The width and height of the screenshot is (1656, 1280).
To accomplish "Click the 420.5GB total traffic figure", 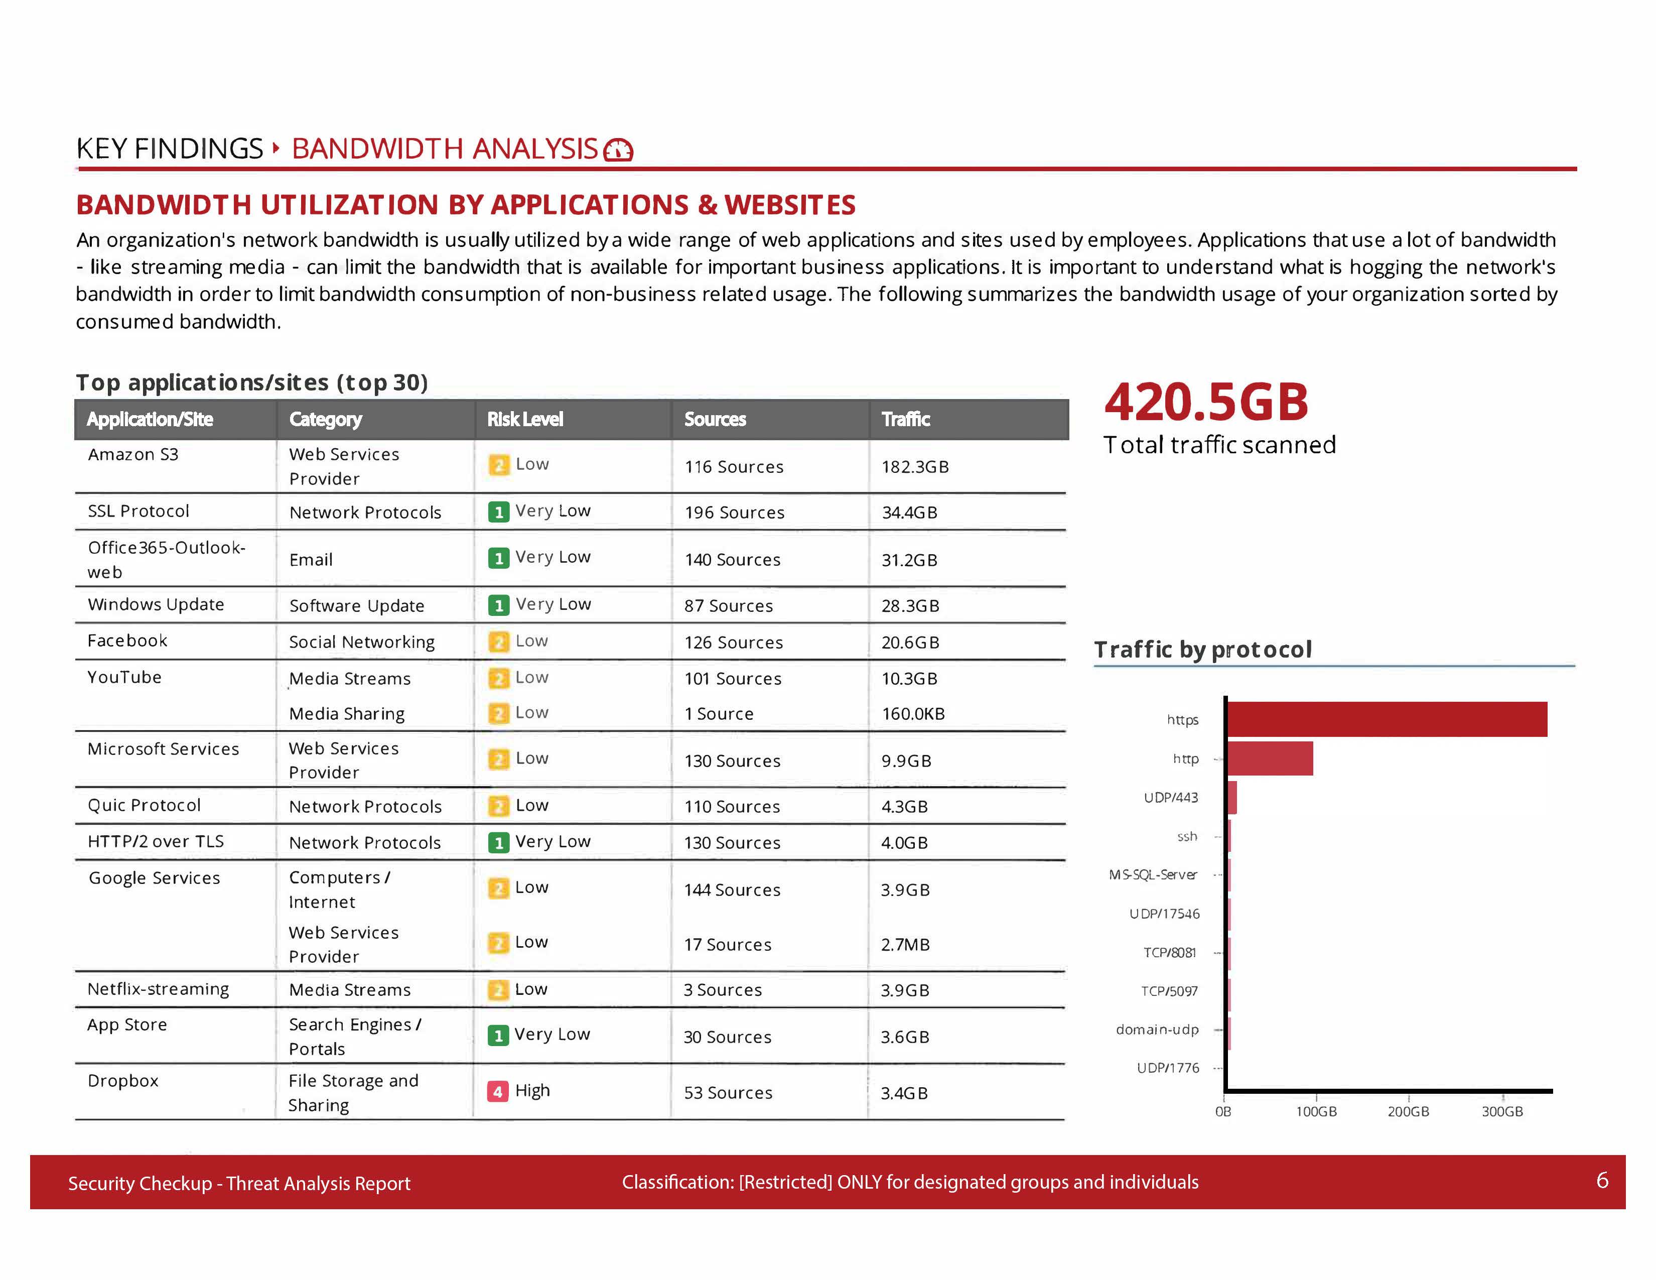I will pos(1205,402).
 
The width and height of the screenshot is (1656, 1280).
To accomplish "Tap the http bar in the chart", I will pos(1270,758).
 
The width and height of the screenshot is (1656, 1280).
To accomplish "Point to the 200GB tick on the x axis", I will pos(1408,1111).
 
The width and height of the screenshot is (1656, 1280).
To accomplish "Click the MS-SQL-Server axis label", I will pos(1153,874).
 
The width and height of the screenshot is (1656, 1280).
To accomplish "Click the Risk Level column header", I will pos(525,419).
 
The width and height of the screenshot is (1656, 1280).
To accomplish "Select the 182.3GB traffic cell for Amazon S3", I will pos(914,466).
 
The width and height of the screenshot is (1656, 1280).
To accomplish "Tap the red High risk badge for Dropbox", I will pos(497,1091).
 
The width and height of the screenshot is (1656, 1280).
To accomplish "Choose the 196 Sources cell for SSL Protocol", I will pos(734,513).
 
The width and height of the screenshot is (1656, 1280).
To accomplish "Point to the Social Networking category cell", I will pos(362,643).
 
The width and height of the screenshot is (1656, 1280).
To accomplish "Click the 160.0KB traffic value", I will pos(913,714).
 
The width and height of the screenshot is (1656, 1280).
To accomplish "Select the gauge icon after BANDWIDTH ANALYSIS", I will pos(618,150).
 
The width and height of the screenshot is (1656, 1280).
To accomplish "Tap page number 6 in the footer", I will pos(1601,1180).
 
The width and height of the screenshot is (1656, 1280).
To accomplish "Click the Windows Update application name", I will pos(156,604).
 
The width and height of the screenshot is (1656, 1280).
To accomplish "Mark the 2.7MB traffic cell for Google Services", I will pos(905,945).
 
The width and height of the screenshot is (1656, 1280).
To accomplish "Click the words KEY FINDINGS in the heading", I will pos(169,149).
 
